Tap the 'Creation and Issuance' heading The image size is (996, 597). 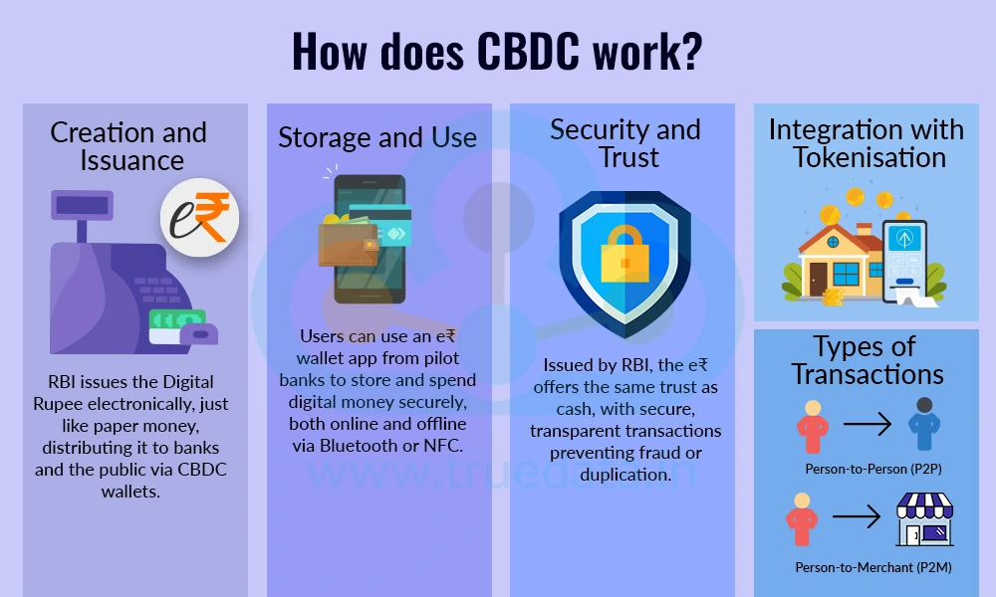(128, 146)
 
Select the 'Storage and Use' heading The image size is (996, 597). (377, 137)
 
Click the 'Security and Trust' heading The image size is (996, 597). (624, 143)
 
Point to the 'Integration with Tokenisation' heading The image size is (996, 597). (866, 143)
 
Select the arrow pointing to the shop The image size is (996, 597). (855, 518)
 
